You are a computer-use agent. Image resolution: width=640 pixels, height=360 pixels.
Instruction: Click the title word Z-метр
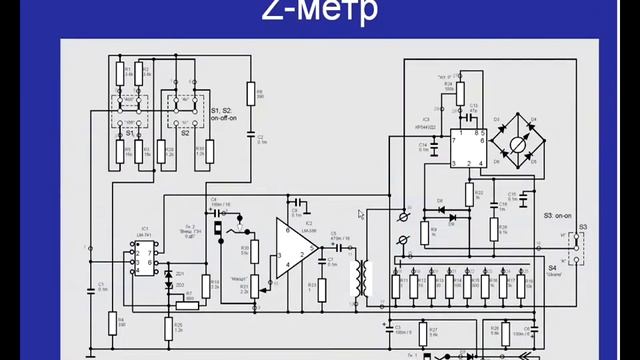pyautogui.click(x=320, y=12)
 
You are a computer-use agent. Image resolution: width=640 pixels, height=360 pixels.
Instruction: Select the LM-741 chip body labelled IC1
pyautogui.click(x=143, y=257)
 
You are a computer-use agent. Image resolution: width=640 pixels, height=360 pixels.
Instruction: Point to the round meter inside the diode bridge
pyautogui.click(x=517, y=143)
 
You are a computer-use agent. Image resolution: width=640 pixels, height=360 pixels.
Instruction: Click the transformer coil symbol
pyautogui.click(x=359, y=281)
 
